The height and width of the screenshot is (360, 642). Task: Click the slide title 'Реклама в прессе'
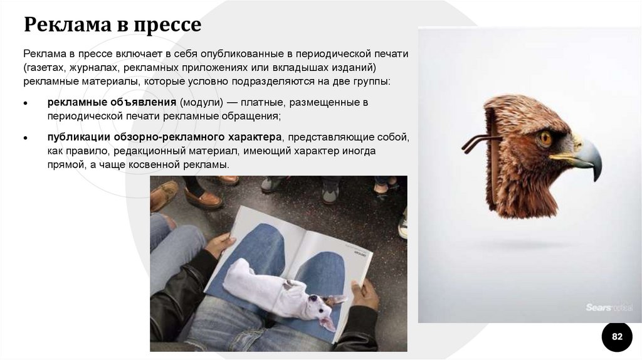tap(113, 24)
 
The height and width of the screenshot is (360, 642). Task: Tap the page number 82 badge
tap(617, 337)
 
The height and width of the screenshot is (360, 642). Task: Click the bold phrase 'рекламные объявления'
tap(112, 102)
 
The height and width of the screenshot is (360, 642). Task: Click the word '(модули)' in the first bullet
tap(202, 102)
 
